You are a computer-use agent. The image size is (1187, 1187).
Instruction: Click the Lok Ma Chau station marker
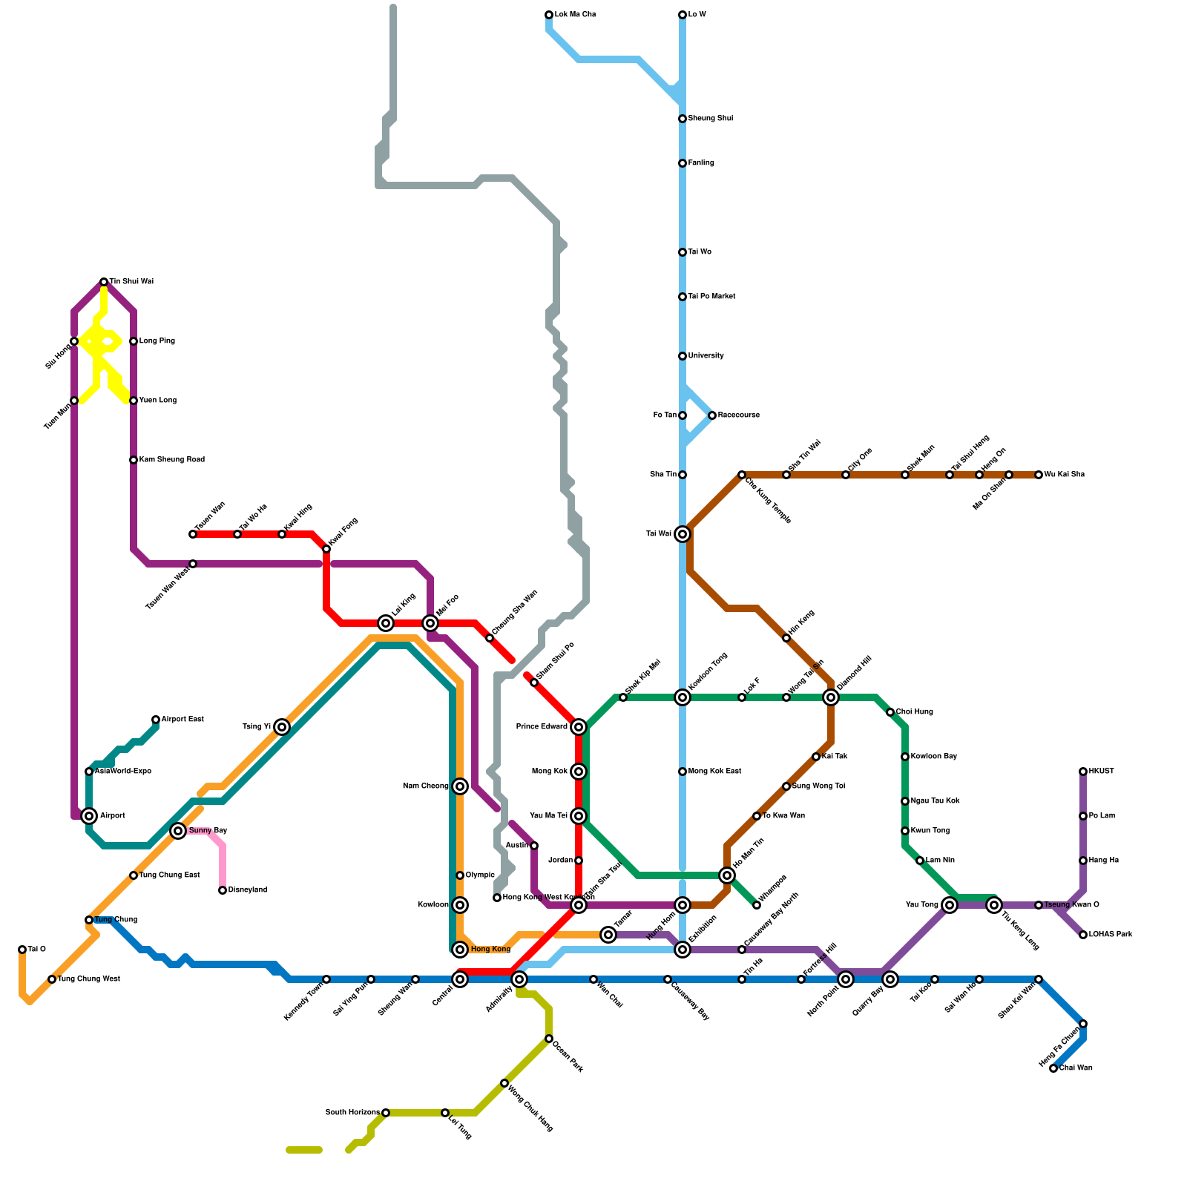(549, 15)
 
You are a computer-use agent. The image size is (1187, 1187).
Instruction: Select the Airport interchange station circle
(89, 816)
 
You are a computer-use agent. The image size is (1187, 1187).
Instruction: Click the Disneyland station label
(247, 890)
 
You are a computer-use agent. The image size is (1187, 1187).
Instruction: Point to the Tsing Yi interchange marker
(282, 727)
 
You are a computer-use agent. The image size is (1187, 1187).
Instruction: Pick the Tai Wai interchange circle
(683, 534)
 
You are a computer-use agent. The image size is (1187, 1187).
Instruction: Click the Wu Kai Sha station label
(1065, 475)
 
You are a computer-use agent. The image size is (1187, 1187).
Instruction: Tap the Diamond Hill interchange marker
(831, 697)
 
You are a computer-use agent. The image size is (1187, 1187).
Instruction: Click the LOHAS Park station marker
(1083, 935)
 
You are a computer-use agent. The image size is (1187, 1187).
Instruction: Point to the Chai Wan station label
(1076, 1068)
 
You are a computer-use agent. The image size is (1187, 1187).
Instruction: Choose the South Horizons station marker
(386, 1113)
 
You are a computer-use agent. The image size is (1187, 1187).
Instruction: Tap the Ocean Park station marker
(549, 1039)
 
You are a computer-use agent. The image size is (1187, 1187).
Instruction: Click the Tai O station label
(37, 950)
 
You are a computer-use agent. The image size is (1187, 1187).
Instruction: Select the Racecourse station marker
(712, 415)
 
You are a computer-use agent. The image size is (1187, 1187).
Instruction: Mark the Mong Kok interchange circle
(579, 772)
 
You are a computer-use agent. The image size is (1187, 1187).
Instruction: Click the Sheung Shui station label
(710, 119)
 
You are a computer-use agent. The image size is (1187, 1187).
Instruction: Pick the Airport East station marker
(156, 720)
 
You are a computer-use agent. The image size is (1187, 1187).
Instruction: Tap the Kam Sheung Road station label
(171, 460)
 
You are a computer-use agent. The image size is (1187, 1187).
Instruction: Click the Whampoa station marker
(757, 905)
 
